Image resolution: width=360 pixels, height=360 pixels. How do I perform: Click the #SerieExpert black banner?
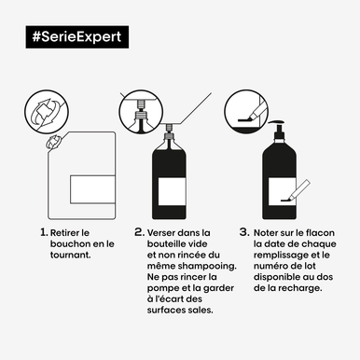77,37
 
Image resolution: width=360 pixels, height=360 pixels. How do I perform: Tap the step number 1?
44,232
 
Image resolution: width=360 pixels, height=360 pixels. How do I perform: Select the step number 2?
140,232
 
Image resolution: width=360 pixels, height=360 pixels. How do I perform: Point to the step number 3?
244,232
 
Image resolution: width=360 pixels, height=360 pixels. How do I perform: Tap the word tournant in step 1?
70,255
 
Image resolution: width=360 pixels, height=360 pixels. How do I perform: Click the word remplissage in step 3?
282,256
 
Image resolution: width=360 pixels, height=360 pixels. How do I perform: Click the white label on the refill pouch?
92,189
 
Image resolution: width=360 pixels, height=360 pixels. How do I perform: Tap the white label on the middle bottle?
173,191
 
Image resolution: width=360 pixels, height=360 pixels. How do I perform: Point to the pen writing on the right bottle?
296,190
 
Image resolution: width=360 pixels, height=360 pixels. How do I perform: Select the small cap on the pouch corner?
53,143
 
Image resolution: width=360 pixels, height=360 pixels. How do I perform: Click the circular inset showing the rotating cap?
47,112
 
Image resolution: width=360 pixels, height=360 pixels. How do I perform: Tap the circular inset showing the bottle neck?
141,112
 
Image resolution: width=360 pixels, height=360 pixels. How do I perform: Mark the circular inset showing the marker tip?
246,112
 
